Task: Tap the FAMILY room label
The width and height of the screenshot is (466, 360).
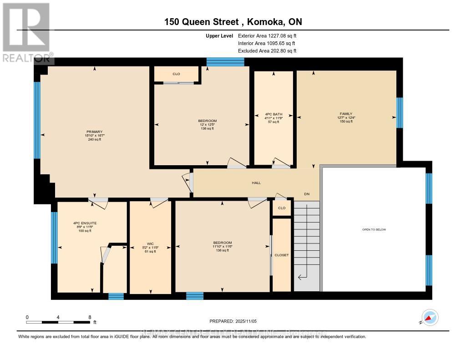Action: (x=346, y=114)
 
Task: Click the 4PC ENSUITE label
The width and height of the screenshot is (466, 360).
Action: (x=85, y=223)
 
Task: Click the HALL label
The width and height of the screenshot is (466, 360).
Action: (x=256, y=183)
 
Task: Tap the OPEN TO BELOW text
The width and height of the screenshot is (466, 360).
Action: (x=374, y=229)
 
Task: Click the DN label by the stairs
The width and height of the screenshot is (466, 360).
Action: (x=307, y=194)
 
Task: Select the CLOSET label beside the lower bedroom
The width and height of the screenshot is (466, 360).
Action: (x=282, y=255)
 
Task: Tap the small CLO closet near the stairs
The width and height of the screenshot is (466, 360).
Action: (x=282, y=208)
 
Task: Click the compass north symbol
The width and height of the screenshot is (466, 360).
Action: (x=430, y=317)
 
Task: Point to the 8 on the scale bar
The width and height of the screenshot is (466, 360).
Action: (x=90, y=317)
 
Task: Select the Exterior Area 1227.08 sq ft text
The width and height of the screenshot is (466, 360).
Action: (x=267, y=35)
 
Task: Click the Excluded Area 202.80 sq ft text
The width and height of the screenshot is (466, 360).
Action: (x=267, y=51)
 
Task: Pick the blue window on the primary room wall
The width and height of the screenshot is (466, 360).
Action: (x=37, y=120)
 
